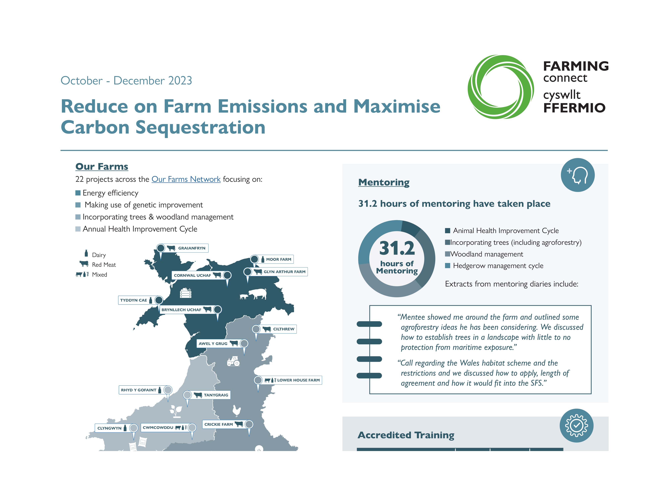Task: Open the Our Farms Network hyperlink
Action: pos(186,179)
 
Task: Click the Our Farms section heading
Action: pos(102,167)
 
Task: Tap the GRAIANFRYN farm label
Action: pos(192,248)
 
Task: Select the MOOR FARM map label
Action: pos(278,259)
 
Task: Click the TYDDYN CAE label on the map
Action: pos(134,300)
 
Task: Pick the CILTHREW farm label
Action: pos(283,329)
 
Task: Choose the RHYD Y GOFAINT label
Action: pos(138,390)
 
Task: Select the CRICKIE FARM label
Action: pos(219,424)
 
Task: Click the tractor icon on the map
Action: pos(234,361)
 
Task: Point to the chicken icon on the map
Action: pos(236,410)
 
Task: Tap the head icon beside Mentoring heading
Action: pos(578,175)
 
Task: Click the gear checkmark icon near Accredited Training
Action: pos(576,426)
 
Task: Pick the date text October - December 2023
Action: pos(126,81)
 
